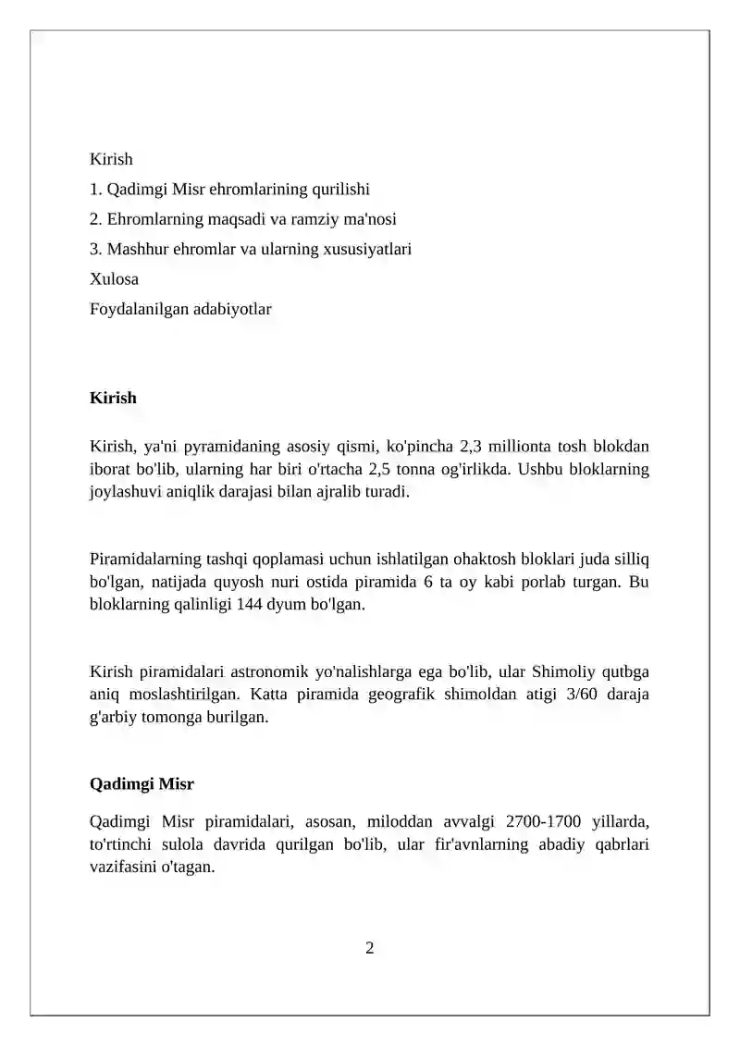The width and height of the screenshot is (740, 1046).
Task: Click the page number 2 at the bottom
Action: (x=370, y=947)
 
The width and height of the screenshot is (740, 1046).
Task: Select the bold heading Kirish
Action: (x=113, y=398)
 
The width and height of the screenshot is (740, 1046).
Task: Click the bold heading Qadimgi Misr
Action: (x=142, y=784)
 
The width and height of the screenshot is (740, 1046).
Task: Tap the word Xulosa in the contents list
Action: (x=114, y=278)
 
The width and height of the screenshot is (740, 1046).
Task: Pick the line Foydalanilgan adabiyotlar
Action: (x=180, y=309)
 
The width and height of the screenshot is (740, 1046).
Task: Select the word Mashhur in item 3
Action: (x=134, y=249)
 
